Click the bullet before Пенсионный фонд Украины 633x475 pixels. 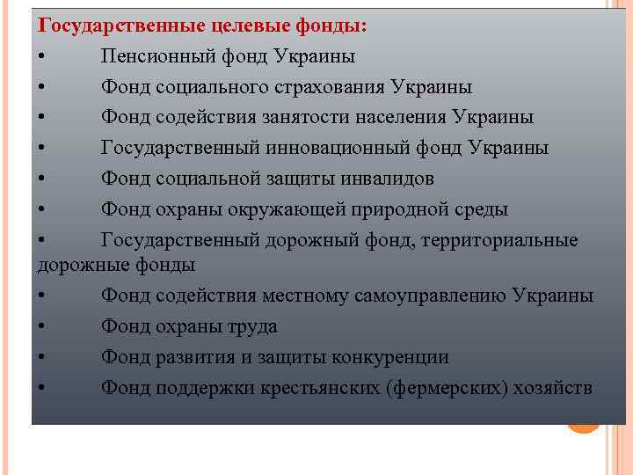pos(43,57)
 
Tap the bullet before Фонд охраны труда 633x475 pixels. pos(43,327)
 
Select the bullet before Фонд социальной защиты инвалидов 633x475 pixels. pos(43,179)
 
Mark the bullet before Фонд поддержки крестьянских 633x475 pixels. pos(43,388)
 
